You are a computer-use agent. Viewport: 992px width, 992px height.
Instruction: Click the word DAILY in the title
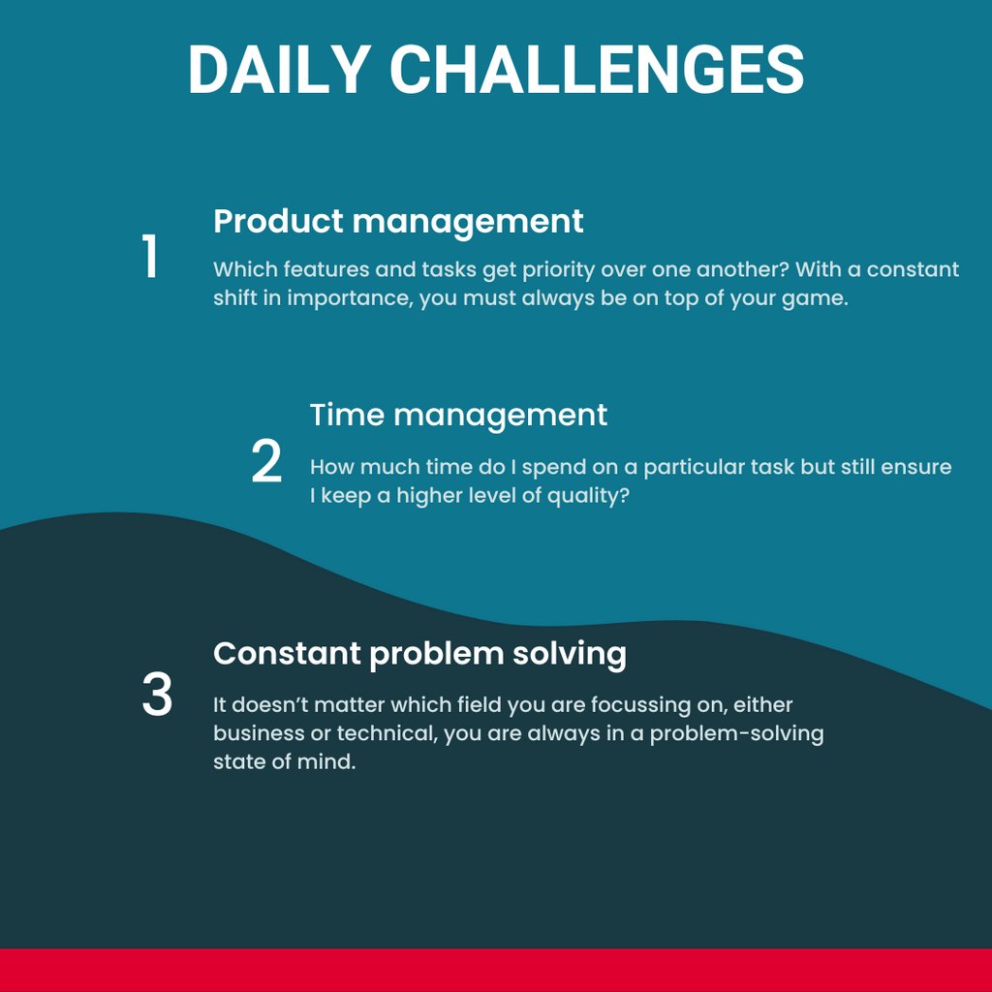tap(278, 70)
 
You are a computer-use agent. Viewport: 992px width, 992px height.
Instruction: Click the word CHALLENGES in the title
tap(596, 70)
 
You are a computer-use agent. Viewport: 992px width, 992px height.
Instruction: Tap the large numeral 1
tap(150, 258)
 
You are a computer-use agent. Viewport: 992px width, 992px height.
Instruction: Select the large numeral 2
tap(266, 463)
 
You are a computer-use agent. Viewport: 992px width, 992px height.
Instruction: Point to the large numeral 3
tap(157, 696)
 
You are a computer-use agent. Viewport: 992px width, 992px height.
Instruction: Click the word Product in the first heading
tap(277, 222)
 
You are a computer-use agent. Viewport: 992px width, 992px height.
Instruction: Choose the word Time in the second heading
tap(347, 415)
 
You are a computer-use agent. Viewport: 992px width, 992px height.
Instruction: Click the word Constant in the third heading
tap(286, 654)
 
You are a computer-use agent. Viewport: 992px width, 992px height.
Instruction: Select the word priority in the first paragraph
tap(555, 269)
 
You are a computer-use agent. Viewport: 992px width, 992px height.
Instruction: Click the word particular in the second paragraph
tap(693, 467)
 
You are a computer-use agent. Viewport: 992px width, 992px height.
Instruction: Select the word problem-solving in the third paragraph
tap(736, 733)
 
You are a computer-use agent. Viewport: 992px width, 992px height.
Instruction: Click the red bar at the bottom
tap(496, 970)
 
